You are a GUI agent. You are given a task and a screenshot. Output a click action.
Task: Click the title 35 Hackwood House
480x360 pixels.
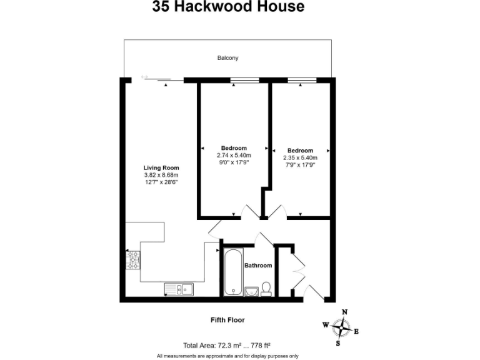click(x=228, y=7)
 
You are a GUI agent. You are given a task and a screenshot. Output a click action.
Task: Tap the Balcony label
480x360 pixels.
click(x=227, y=58)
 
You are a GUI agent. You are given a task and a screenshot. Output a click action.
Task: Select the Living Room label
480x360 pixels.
click(x=161, y=167)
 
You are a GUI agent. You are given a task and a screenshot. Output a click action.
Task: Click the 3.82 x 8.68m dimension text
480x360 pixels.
click(x=161, y=175)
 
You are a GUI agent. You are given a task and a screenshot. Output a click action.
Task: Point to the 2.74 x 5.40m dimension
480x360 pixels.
click(x=234, y=156)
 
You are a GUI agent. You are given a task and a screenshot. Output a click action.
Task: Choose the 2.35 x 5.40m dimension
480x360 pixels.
click(x=300, y=158)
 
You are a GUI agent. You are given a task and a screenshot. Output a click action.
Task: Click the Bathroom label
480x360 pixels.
click(x=258, y=266)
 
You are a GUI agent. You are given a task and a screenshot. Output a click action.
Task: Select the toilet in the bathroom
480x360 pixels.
click(x=266, y=288)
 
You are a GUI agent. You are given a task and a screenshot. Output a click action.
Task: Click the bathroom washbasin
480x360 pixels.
click(x=251, y=291)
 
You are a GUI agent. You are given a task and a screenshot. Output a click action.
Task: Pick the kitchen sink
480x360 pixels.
click(x=179, y=289)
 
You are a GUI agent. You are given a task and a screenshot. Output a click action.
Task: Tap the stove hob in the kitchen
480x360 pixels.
click(x=133, y=259)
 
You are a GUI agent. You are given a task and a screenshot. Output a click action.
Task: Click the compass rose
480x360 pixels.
click(x=341, y=327)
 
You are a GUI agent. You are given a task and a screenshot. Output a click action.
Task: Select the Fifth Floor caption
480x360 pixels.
click(x=227, y=320)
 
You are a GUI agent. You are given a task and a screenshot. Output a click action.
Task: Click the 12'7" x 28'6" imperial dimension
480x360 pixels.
click(x=161, y=182)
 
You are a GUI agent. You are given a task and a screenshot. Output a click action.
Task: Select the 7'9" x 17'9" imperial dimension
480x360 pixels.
click(x=300, y=166)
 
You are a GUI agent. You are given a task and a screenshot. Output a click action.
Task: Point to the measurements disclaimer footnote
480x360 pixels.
click(x=227, y=356)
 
